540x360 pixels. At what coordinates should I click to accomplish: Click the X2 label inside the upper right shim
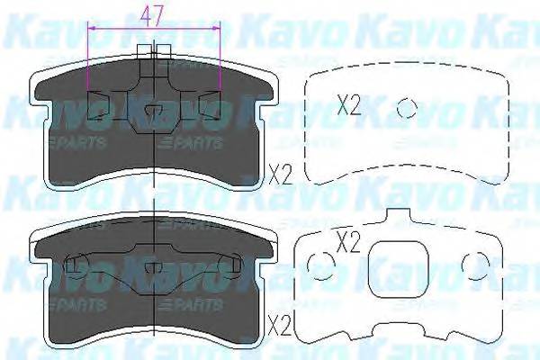[348, 106]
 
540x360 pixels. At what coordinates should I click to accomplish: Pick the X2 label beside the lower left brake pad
[281, 321]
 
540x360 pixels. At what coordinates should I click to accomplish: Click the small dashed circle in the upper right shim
[408, 107]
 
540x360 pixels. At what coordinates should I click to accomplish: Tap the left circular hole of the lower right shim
[318, 262]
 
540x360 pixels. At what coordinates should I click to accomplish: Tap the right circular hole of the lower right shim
[472, 262]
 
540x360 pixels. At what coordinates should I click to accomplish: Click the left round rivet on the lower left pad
[76, 263]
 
